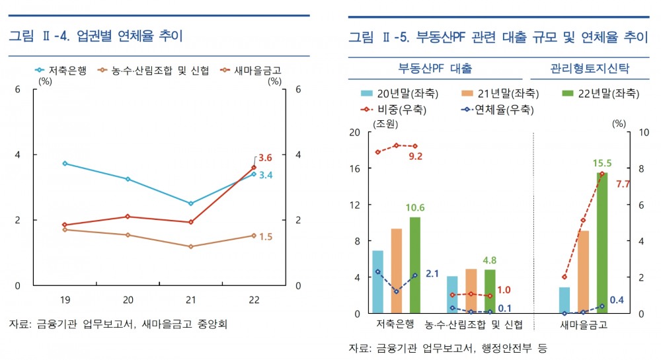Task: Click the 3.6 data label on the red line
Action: point(265,157)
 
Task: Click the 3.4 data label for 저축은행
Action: point(265,175)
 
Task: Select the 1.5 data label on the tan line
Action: point(265,236)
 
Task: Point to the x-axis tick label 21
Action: point(191,299)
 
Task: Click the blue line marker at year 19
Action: point(65,163)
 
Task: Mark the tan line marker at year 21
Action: point(191,246)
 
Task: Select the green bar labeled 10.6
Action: point(414,265)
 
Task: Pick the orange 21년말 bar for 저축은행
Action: point(396,271)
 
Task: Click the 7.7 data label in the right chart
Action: point(623,184)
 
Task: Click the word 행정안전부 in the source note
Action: point(499,346)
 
